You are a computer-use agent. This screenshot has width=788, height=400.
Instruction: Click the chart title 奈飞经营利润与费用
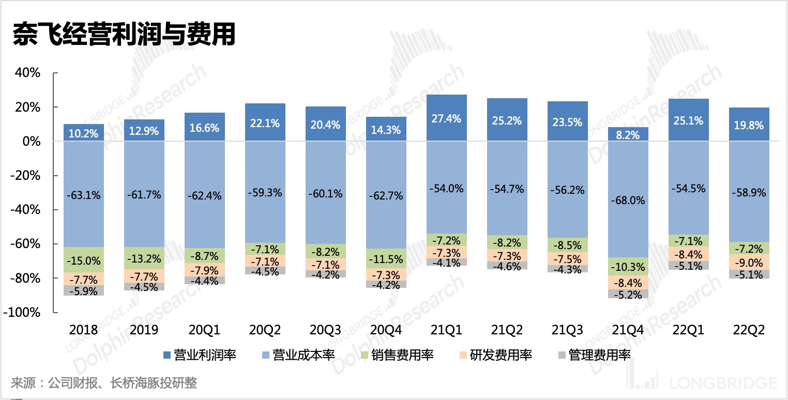coord(124,35)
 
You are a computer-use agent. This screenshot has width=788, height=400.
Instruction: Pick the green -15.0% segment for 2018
coord(83,260)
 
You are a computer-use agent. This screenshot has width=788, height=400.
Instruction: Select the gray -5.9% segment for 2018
coord(83,290)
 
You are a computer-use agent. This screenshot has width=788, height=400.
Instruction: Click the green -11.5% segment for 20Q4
coord(386,258)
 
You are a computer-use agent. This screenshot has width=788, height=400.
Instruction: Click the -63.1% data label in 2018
coord(83,195)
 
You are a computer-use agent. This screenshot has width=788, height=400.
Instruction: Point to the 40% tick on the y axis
coord(28,73)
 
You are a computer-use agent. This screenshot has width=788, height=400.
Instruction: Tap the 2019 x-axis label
coord(144,330)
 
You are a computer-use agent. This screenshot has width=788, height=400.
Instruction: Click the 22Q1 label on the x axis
coord(688,330)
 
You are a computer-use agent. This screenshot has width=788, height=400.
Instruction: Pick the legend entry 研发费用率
coord(501,355)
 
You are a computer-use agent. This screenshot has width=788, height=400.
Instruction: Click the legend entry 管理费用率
coord(599,355)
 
